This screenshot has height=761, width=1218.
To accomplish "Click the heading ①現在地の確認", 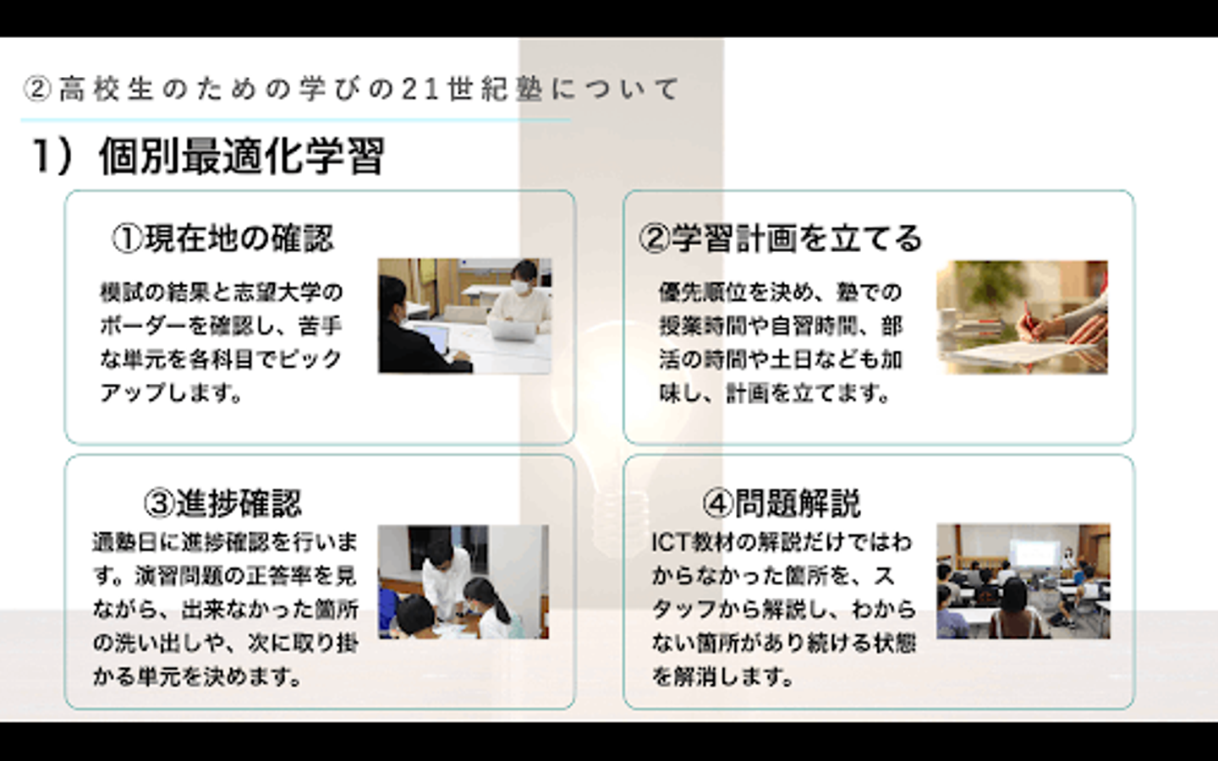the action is (x=222, y=238).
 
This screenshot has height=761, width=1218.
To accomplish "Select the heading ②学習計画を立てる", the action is (x=781, y=238).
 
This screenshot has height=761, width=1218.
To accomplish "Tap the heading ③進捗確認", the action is (x=222, y=503).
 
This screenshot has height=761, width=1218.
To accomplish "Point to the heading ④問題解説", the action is (x=782, y=503).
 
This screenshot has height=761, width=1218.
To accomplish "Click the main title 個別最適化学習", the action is (x=242, y=156).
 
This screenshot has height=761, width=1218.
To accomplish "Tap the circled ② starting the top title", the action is (x=37, y=90).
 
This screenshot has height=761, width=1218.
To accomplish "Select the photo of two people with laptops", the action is (x=465, y=316).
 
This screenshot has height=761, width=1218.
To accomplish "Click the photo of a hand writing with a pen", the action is (x=1023, y=317).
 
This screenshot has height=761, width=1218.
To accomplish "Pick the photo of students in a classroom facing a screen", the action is (x=1023, y=581).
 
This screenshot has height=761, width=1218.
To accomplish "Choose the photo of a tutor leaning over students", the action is (x=464, y=582).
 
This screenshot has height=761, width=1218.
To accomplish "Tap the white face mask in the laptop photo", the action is (x=520, y=287).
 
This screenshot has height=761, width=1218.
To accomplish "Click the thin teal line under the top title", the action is (x=296, y=120).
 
